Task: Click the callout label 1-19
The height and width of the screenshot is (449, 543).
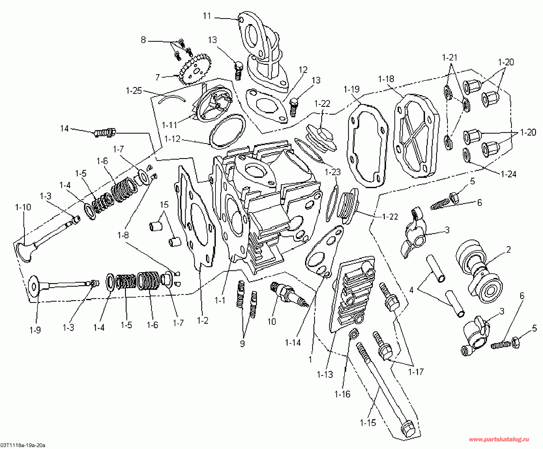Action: pos(352,89)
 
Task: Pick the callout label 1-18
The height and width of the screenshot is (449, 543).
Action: pos(386,79)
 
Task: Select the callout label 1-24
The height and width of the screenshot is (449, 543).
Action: pos(509,174)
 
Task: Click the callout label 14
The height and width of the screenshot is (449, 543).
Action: pos(65,128)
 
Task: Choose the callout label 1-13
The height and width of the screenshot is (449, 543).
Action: pos(325,374)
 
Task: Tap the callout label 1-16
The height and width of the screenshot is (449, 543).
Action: pos(342,394)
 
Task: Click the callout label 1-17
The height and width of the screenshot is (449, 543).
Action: pos(415,372)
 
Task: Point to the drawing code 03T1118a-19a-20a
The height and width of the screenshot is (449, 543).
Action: pos(23,446)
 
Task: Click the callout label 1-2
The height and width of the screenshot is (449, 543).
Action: pos(203,321)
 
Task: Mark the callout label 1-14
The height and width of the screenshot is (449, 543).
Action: pos(293,342)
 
